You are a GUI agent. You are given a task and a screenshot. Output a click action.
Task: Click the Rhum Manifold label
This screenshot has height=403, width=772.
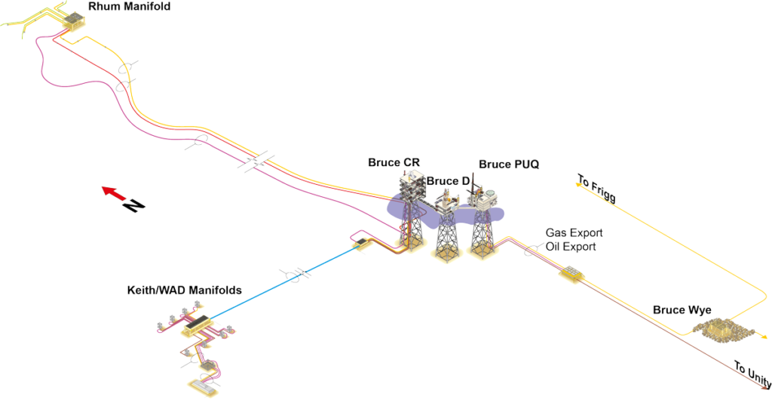(x=130, y=8)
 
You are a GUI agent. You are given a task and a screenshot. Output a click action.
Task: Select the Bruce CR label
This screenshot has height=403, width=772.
(x=394, y=162)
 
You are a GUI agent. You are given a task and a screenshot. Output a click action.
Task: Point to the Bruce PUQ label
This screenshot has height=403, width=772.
(x=509, y=165)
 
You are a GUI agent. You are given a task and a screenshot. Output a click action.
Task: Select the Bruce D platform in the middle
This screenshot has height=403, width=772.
(x=446, y=219)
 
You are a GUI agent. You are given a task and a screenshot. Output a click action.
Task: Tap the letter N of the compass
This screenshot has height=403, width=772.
(x=133, y=205)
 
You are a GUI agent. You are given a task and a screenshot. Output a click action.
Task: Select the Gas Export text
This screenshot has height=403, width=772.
(x=574, y=232)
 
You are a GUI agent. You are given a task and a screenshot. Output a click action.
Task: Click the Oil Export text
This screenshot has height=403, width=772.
(x=571, y=246)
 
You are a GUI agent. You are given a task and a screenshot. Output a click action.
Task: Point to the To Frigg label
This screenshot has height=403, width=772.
(x=596, y=189)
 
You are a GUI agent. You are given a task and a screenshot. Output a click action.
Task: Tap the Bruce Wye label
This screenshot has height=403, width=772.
(x=682, y=310)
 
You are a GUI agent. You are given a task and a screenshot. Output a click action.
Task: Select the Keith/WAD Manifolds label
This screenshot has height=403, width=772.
(x=184, y=290)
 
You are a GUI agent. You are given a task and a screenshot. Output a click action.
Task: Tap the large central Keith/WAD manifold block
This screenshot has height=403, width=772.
(x=198, y=324)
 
